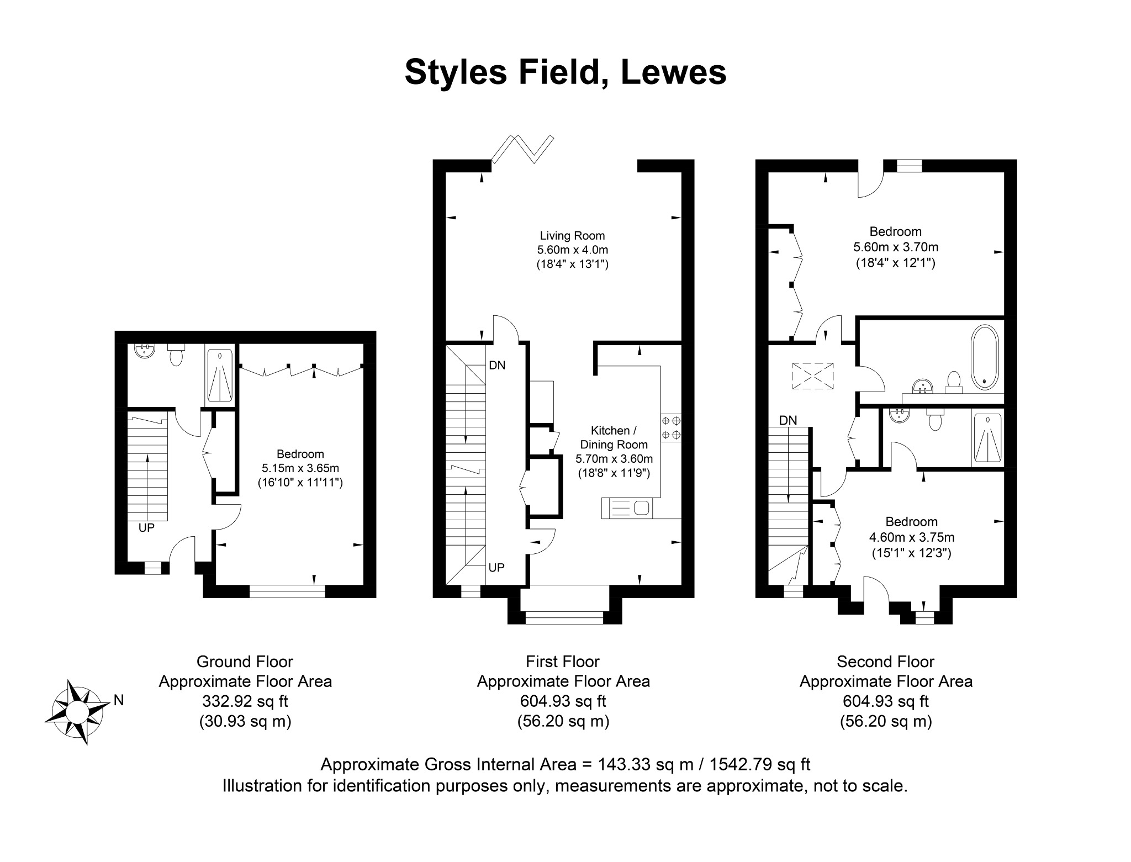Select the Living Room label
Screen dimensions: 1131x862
click(x=572, y=236)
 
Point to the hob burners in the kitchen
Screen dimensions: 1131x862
click(x=670, y=427)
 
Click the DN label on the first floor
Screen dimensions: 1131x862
click(x=497, y=365)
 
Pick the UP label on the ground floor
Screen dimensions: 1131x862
click(x=146, y=528)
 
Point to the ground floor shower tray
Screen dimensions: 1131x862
click(x=220, y=372)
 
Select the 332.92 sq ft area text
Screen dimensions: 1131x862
click(x=245, y=701)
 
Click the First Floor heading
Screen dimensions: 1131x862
click(x=563, y=661)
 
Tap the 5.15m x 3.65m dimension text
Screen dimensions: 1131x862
click(x=300, y=468)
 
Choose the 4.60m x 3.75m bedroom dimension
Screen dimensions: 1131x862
click(x=912, y=537)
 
